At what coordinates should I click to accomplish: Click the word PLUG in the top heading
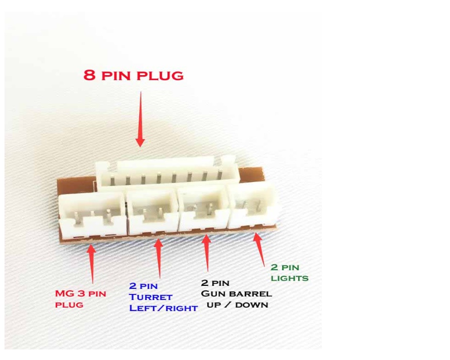pos(161,77)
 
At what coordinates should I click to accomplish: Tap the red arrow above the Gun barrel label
pos(206,255)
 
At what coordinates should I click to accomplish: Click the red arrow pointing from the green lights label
pos(259,249)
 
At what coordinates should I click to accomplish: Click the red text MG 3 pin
pos(80,293)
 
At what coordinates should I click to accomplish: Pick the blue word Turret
pos(150,297)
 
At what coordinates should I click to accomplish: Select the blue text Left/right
pos(163,308)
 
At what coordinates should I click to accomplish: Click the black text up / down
pos(237,305)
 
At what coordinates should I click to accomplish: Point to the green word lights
pos(289,278)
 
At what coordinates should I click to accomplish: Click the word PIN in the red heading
pos(118,77)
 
